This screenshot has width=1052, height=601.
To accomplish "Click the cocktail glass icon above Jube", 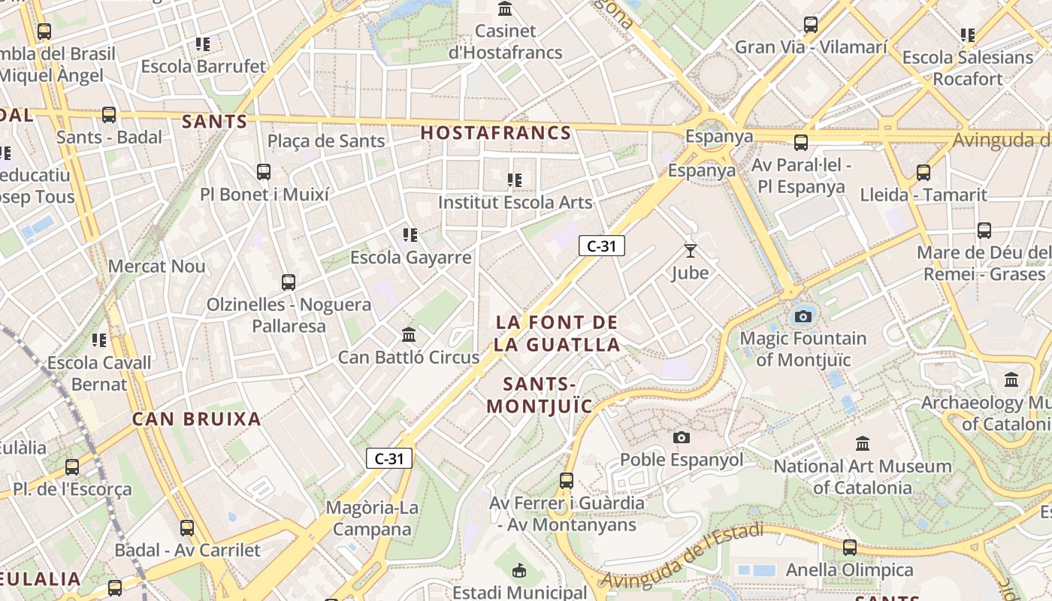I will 691,250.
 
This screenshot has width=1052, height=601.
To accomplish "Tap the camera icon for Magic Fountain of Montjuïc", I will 803,316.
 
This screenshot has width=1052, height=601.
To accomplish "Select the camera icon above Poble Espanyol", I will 682,437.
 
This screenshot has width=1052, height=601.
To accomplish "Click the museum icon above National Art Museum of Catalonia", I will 863,443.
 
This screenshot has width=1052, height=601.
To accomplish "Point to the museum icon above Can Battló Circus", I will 409,334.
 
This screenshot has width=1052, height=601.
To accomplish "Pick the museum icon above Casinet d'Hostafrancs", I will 505,9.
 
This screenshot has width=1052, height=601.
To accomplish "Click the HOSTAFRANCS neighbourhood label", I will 496,133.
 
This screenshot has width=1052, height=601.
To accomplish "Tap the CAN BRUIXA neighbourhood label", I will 197,419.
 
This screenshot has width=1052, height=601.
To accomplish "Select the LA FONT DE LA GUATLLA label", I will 557,334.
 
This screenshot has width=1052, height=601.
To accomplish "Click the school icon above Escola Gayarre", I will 410,235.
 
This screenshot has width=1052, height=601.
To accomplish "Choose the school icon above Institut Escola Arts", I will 515,180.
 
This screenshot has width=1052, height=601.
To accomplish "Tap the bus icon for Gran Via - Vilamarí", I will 811,25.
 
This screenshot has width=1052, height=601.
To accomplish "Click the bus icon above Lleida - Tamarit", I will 924,173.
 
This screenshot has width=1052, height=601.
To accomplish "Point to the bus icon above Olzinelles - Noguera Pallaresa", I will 289,282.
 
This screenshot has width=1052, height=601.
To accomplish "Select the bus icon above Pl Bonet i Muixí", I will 264,172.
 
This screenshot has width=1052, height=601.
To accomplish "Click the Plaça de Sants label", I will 326,140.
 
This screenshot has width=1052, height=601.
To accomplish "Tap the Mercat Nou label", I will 156,266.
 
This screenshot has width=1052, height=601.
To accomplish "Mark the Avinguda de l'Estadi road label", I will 682,557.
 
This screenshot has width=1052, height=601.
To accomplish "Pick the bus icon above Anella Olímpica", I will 850,548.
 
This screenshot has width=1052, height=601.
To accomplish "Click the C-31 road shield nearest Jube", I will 602,245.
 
